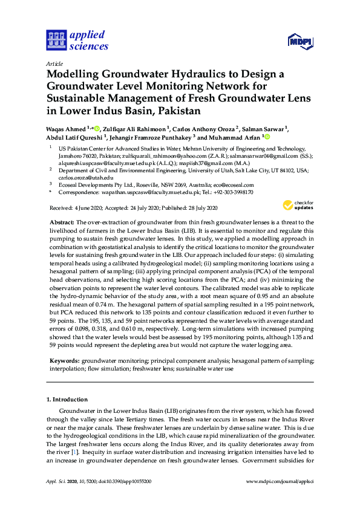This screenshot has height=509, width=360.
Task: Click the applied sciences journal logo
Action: (77, 40)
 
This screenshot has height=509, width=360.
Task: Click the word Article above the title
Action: (54, 63)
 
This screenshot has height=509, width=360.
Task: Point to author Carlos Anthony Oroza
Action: (195, 129)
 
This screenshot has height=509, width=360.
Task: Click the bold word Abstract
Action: (62, 223)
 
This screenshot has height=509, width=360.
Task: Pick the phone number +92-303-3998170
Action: (231, 192)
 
